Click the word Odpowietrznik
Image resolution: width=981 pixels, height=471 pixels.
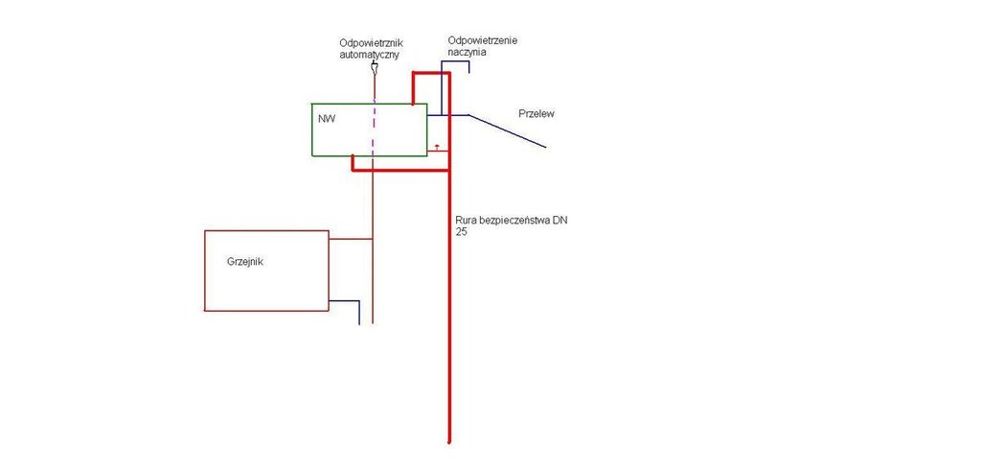[x=370, y=43]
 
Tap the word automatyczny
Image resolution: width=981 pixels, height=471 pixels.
[x=369, y=55]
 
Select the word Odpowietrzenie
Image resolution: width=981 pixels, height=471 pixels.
[x=483, y=40]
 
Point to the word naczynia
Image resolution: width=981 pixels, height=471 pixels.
[x=468, y=53]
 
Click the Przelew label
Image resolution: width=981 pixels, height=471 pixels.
[x=536, y=113]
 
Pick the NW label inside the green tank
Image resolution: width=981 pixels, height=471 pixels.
[x=327, y=119]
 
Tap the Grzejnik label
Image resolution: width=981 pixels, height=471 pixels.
[x=245, y=261]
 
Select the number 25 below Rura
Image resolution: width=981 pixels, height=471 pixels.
[x=462, y=232]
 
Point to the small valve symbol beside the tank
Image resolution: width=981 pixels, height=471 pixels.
[x=437, y=147]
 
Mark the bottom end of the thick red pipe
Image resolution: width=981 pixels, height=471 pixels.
[x=449, y=441]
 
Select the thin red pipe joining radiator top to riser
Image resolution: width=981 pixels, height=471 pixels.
[x=351, y=239]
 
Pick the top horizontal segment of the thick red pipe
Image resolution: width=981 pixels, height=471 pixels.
[x=430, y=73]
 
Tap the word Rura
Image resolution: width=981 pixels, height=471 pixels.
[x=467, y=220]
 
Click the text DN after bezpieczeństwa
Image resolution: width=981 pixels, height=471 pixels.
[x=559, y=220]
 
